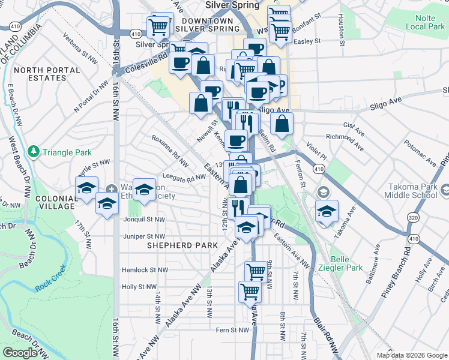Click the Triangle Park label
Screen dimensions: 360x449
(x=67, y=152)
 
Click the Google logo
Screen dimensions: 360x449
(x=20, y=352)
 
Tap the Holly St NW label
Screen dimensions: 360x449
(x=139, y=287)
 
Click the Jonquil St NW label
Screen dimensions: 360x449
(x=143, y=220)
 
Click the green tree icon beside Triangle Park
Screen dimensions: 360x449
(x=34, y=151)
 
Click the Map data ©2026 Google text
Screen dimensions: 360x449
(x=411, y=355)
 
